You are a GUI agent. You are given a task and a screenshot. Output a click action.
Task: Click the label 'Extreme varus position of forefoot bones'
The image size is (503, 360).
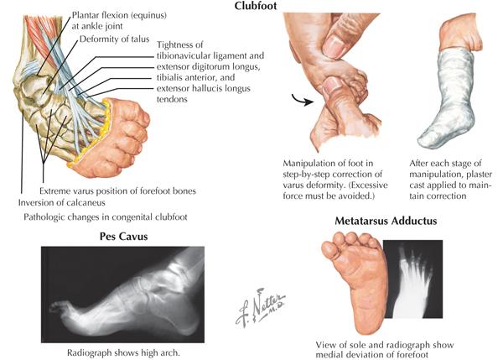pyautogui.click(x=117, y=190)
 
